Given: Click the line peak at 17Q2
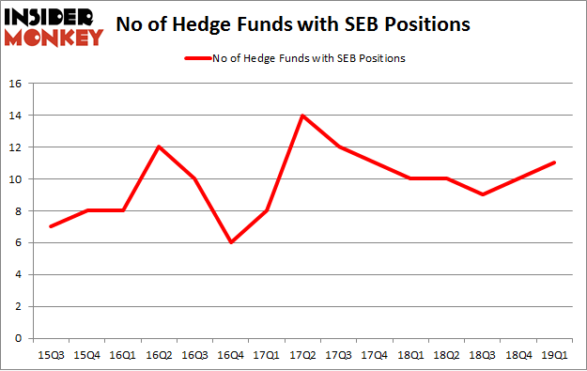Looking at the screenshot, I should click(x=303, y=116).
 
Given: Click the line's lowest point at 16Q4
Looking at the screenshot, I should click(x=230, y=242).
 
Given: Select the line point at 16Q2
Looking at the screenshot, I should click(x=157, y=147).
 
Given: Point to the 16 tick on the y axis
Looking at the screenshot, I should click(x=15, y=84).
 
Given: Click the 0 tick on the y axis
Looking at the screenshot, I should click(x=19, y=338).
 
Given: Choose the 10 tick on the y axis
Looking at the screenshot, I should click(x=15, y=179).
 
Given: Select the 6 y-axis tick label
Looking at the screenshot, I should click(x=19, y=242).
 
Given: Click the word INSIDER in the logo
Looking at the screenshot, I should click(x=53, y=17).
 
